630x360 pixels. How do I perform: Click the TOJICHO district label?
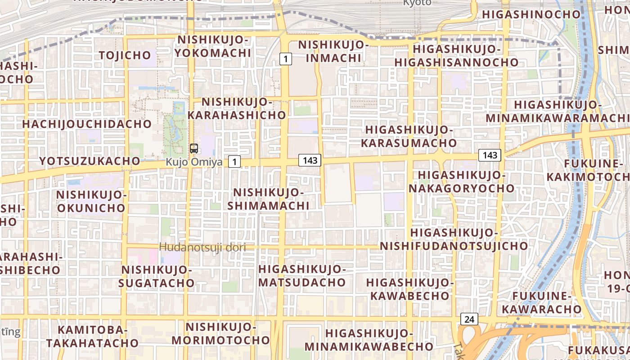pos(125,55)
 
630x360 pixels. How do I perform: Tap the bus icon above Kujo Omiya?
pos(194,148)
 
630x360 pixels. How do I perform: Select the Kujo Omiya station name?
pos(194,162)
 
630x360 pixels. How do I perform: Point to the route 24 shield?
pos(469,319)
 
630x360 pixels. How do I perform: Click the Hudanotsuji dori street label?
pos(203,247)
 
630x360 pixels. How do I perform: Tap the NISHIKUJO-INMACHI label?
pos(331,51)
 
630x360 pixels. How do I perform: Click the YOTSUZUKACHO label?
pos(90,161)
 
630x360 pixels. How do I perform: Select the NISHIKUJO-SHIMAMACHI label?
pos(268,199)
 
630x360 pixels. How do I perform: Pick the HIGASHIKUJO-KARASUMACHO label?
pos(409,136)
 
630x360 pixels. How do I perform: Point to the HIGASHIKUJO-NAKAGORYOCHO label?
pos(461,181)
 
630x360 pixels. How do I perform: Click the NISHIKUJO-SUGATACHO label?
pos(157,276)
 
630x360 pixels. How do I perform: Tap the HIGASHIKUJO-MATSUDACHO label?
pos(302,276)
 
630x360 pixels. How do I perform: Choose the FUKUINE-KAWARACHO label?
pos(542,303)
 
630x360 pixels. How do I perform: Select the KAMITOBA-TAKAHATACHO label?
pos(92,336)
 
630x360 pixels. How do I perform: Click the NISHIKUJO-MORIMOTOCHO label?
pos(220,333)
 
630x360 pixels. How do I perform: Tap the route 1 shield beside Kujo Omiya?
pos(234,162)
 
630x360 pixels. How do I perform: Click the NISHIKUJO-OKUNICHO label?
pos(91,201)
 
